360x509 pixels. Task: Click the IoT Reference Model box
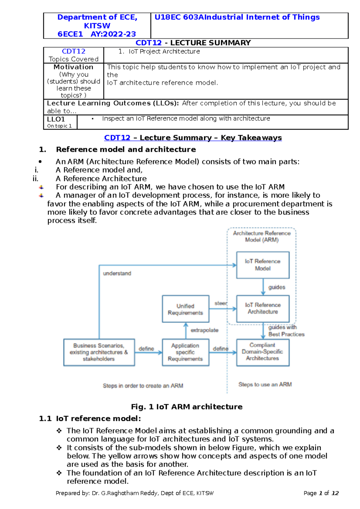(263, 265)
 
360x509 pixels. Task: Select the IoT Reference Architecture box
(263, 308)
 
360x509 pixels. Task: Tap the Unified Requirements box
(185, 309)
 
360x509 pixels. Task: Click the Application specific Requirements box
(185, 352)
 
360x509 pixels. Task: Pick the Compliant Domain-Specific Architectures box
(263, 352)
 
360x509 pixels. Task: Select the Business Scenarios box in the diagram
(99, 352)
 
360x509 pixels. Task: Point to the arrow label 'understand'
(117, 273)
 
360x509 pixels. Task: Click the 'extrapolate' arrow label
(205, 330)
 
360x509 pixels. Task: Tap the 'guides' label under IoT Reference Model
(277, 287)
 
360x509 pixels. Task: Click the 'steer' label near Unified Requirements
(221, 303)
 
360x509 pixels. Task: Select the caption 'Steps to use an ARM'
(265, 384)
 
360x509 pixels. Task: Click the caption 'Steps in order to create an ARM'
(143, 386)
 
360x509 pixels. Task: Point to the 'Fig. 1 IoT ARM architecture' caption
(187, 407)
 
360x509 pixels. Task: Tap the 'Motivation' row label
(73, 67)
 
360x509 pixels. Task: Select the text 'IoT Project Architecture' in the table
(164, 52)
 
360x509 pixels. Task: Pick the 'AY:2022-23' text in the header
(113, 34)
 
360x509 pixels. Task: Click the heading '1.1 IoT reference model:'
(90, 418)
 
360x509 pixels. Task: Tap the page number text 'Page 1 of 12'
(321, 493)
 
